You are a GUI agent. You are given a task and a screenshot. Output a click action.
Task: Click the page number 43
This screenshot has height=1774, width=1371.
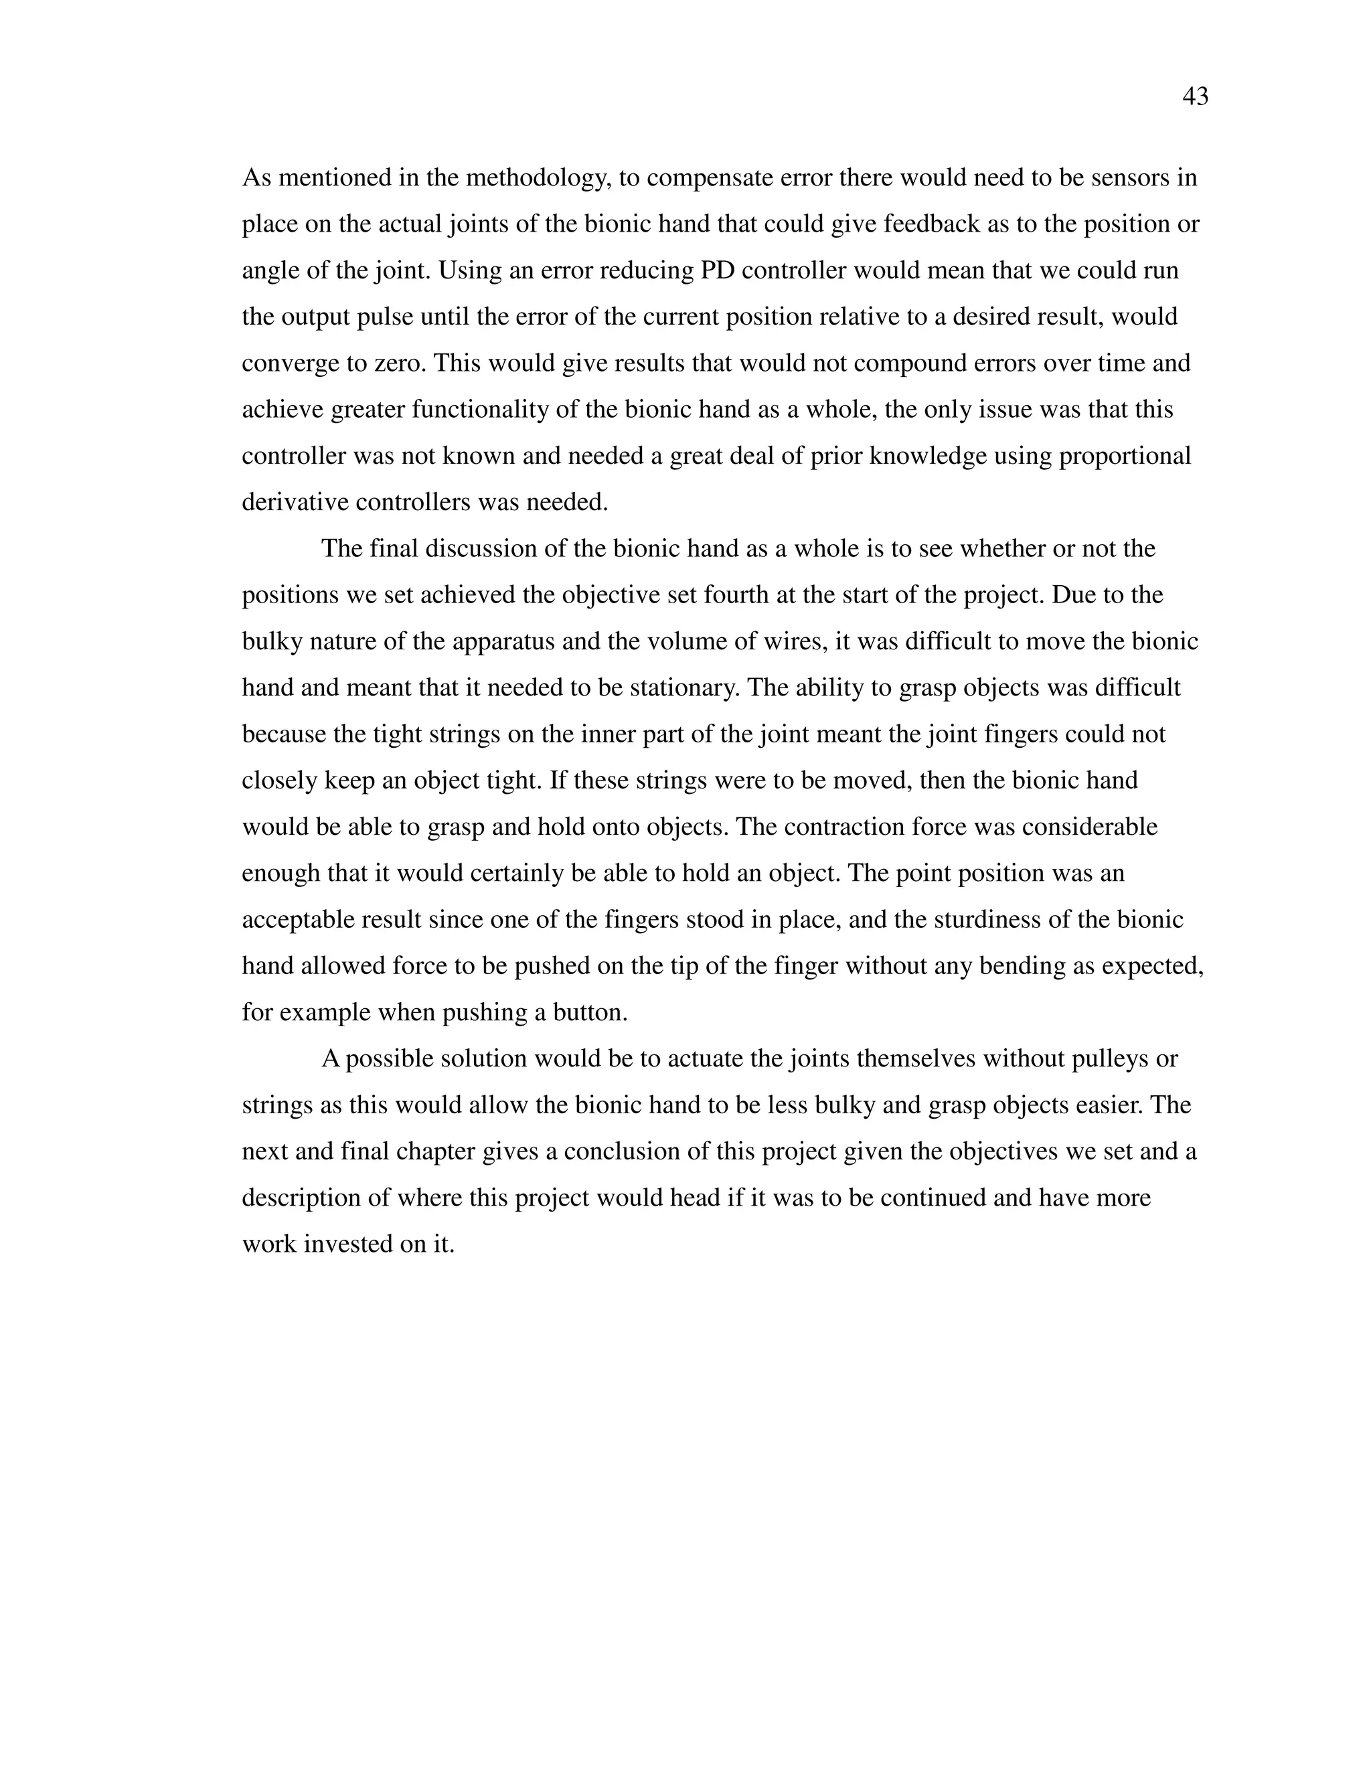[1195, 96]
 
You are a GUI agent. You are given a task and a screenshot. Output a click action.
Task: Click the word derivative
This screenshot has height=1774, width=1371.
[295, 502]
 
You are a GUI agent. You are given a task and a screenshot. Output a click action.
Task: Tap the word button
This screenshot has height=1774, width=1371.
[590, 1012]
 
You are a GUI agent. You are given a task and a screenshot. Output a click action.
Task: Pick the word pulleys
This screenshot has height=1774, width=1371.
[1103, 1058]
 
